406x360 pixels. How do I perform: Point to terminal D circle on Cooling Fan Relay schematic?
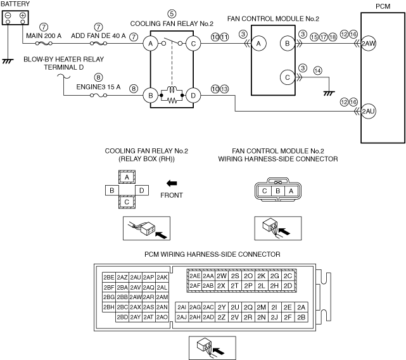coord(193,96)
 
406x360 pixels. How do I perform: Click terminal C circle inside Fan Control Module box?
coord(288,77)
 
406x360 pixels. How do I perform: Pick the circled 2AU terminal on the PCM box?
coord(368,112)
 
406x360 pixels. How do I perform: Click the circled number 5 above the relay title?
coord(172,13)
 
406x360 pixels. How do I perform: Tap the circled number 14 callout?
coord(317,70)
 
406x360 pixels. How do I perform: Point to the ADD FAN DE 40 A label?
coord(98,37)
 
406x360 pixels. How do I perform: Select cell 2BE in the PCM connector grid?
coord(108,277)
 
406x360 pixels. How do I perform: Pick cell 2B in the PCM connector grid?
coord(301,316)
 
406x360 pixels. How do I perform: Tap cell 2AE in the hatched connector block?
coord(194,276)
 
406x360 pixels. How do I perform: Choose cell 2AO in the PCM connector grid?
coord(162,316)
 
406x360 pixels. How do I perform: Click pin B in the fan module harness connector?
coord(277,190)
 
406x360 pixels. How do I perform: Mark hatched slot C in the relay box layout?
coord(127,202)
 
